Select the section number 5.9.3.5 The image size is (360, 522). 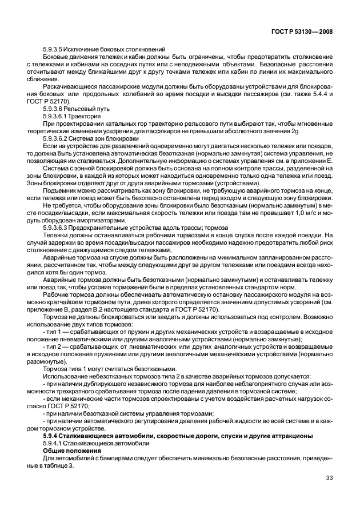(55, 50)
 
